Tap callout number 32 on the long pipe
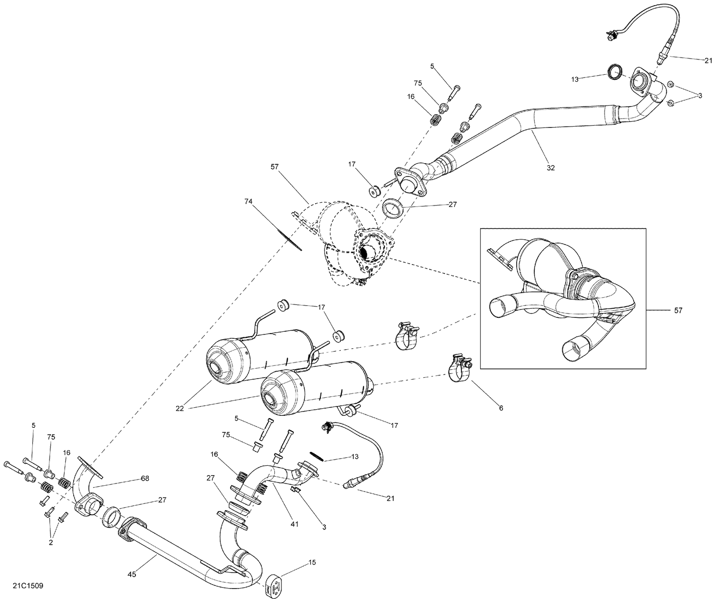coord(550,168)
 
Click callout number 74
coord(249,202)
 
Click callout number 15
coord(312,562)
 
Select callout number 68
coord(145,478)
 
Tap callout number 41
coord(295,524)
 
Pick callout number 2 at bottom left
coord(51,542)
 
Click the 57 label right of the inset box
coord(678,311)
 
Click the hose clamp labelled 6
coord(459,369)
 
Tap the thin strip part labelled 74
coord(289,236)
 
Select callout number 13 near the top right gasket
coord(575,79)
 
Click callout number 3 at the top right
coord(700,96)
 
